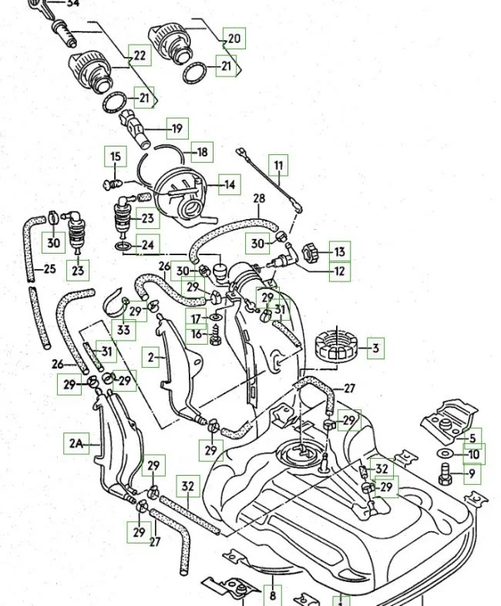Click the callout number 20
(234, 38)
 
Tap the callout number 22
(140, 56)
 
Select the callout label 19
(177, 129)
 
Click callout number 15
(116, 157)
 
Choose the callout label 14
(230, 183)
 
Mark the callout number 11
(278, 165)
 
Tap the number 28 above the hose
(259, 199)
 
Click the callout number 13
(340, 251)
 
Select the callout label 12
(340, 271)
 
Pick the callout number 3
(375, 348)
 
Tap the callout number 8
(272, 595)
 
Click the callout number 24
(148, 246)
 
